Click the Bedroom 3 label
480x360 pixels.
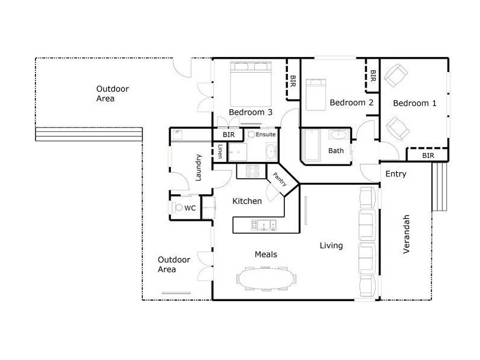pos(251,112)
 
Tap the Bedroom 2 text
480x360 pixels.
pos(352,103)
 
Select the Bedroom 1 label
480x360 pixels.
pos(415,103)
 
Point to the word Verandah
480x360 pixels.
pos(406,233)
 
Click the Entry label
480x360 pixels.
pos(396,174)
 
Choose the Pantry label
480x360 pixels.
pos(280,181)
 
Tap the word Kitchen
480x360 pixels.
pos(247,201)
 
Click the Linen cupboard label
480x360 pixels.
pos(220,152)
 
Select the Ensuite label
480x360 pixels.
pos(266,134)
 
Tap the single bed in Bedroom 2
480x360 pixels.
pos(315,94)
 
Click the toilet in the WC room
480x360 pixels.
pos(177,208)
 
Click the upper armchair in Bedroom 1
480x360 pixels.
pos(395,76)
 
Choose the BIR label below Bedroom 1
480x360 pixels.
pos(428,155)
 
